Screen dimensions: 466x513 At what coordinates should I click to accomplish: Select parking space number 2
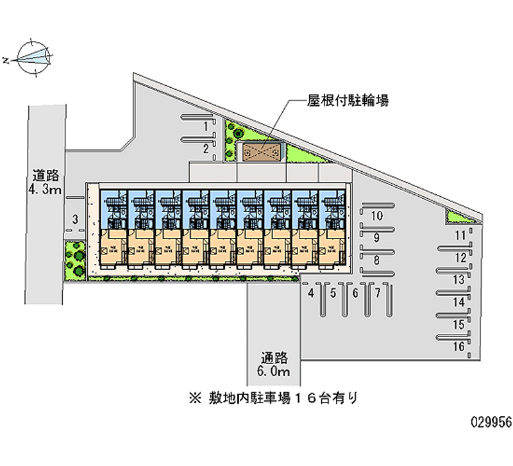point(205,149)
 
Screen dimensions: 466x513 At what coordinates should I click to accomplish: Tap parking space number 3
point(75,220)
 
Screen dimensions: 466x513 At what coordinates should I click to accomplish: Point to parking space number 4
point(310,294)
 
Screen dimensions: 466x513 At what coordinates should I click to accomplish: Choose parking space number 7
point(378,294)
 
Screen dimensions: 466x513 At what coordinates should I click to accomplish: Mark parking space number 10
point(377,215)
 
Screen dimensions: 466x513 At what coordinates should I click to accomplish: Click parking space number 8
point(377,260)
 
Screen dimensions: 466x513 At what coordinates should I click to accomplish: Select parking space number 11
point(459,236)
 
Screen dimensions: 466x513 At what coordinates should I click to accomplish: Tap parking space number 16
point(458,347)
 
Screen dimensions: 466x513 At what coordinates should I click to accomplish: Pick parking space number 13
point(458,280)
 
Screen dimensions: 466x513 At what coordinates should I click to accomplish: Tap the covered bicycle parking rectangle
point(262,152)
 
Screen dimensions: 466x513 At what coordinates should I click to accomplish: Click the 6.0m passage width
point(274,372)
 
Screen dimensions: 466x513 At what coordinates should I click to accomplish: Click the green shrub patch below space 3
point(75,260)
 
